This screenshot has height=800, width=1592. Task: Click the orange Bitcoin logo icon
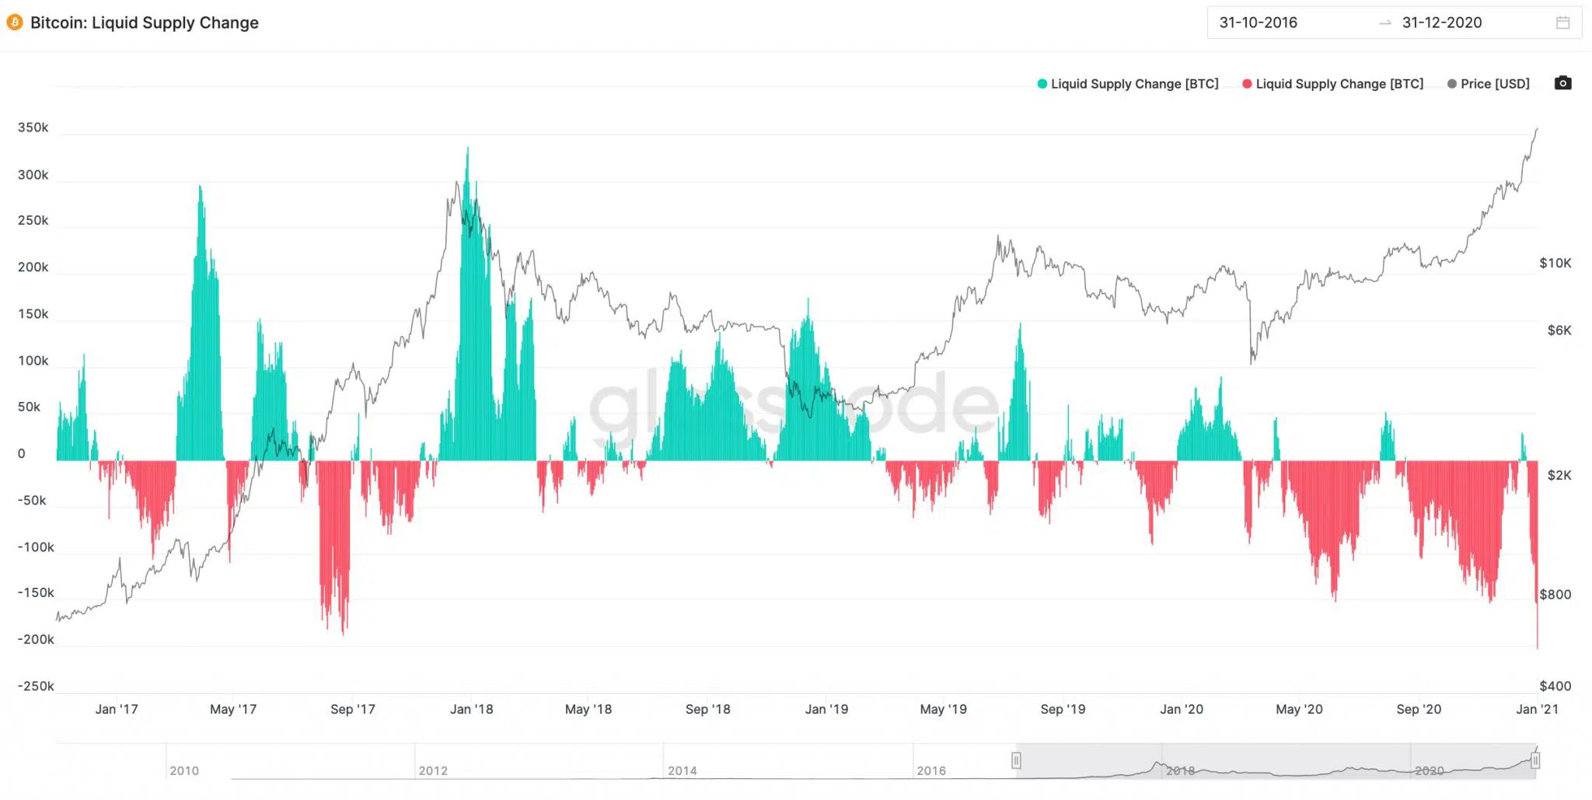[x=14, y=23]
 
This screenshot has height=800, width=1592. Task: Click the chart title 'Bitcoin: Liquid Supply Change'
[x=145, y=23]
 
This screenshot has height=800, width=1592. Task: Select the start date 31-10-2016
[x=1258, y=23]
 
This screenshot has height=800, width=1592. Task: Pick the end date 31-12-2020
[x=1442, y=23]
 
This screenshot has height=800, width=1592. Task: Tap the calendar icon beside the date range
[x=1562, y=23]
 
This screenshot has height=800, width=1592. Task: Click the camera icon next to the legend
[x=1562, y=83]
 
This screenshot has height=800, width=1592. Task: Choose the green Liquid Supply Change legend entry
[x=1128, y=84]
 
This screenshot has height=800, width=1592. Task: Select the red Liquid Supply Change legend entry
[x=1333, y=84]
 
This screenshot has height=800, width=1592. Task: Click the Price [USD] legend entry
[x=1489, y=84]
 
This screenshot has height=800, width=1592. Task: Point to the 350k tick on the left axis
[x=33, y=128]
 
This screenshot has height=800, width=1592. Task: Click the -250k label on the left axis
[x=36, y=686]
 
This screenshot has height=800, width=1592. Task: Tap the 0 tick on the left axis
[x=22, y=453]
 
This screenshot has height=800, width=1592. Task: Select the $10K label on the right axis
[x=1555, y=263]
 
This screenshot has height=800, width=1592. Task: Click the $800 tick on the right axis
[x=1555, y=594]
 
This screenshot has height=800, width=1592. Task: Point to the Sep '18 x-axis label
[x=707, y=709]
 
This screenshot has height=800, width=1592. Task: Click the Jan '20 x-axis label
[x=1182, y=709]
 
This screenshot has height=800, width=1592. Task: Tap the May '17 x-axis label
[x=233, y=709]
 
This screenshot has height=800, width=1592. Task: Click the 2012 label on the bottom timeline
[x=433, y=770]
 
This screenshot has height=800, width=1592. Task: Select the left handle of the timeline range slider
[x=1016, y=760]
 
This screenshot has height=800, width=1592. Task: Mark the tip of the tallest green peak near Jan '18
[x=467, y=148]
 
